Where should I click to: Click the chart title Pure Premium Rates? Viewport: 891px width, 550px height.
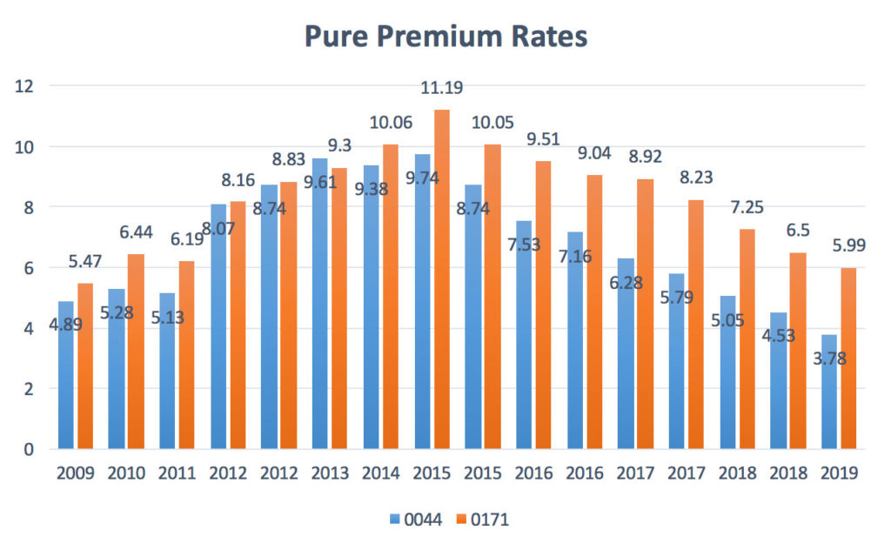pos(445,37)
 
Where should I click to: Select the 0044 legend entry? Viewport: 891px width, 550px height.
pos(417,520)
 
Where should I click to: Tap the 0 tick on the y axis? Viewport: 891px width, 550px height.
pos(28,449)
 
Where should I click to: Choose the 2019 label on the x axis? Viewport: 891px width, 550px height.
pos(841,474)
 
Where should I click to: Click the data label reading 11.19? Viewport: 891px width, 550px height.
pos(441,87)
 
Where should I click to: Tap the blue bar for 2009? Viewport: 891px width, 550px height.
pos(66,392)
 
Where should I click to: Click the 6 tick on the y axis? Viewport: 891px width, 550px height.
pos(28,268)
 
